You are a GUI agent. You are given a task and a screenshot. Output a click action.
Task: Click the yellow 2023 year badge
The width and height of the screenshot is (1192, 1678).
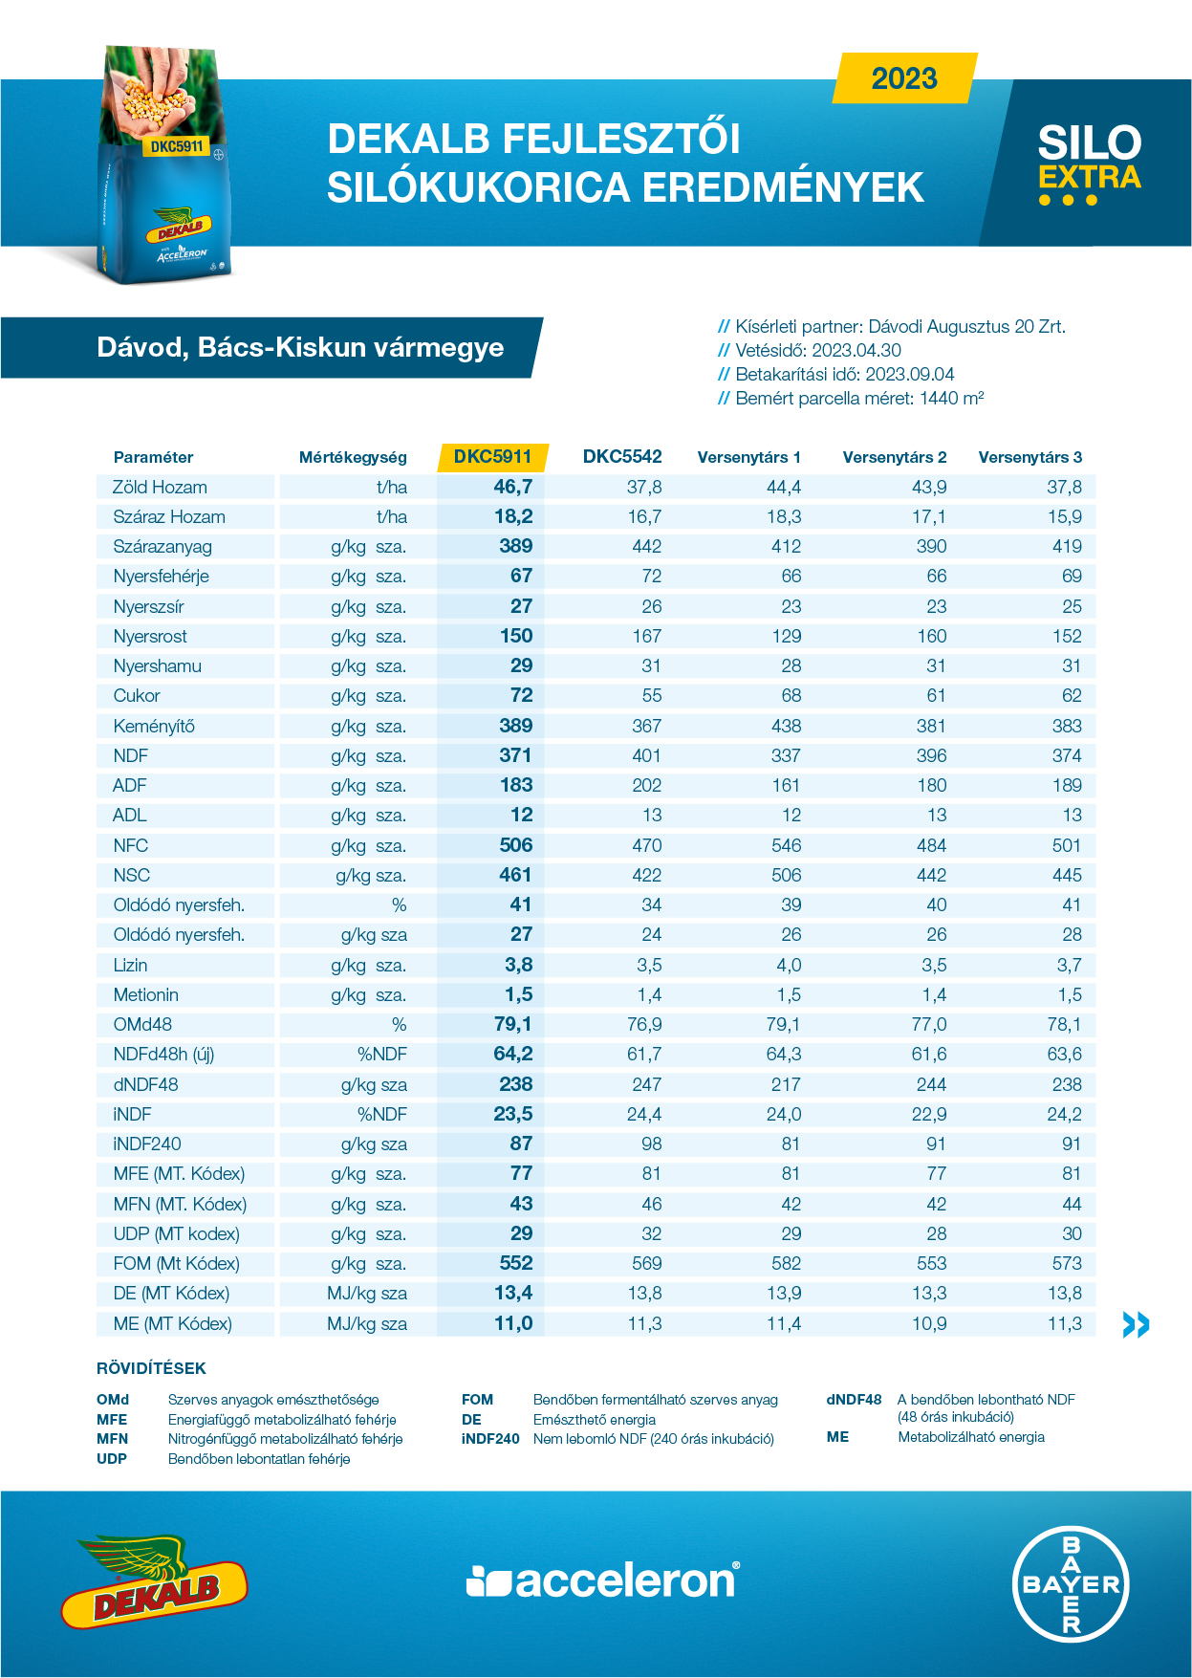tap(905, 77)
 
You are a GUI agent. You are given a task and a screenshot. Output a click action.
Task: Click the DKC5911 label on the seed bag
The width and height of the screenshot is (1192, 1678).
tap(178, 146)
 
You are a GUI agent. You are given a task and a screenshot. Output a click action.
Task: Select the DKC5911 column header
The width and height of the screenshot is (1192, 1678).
tap(492, 457)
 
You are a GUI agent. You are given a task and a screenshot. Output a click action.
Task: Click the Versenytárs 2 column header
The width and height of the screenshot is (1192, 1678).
tap(895, 457)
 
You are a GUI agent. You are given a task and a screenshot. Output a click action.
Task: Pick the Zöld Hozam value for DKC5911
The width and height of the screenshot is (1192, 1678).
tap(513, 487)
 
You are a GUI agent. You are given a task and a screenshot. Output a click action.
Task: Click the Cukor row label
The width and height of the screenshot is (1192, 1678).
tap(137, 696)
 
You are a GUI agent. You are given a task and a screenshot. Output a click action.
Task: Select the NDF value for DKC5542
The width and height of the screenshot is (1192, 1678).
tap(646, 755)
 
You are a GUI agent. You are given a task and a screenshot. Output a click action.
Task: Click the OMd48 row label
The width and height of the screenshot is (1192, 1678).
tap(142, 1025)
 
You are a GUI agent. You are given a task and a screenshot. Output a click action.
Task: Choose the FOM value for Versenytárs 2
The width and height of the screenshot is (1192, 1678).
tap(931, 1263)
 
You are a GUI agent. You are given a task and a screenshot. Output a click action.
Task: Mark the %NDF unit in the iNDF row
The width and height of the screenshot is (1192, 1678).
tap(382, 1114)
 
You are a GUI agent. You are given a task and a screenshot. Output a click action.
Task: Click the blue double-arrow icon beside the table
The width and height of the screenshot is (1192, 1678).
tap(1136, 1324)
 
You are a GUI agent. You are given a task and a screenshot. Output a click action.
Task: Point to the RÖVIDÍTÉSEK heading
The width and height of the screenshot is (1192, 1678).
tap(151, 1368)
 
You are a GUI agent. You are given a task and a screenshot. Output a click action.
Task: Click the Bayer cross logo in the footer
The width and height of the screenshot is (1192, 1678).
tap(1071, 1583)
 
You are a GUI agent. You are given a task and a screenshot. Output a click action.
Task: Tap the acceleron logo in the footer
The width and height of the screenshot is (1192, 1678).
tap(602, 1581)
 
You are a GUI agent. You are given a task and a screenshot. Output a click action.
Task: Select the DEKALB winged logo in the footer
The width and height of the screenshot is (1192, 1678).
tap(154, 1581)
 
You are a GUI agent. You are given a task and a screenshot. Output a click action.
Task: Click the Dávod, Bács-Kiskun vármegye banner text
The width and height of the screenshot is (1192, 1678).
tap(300, 347)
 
